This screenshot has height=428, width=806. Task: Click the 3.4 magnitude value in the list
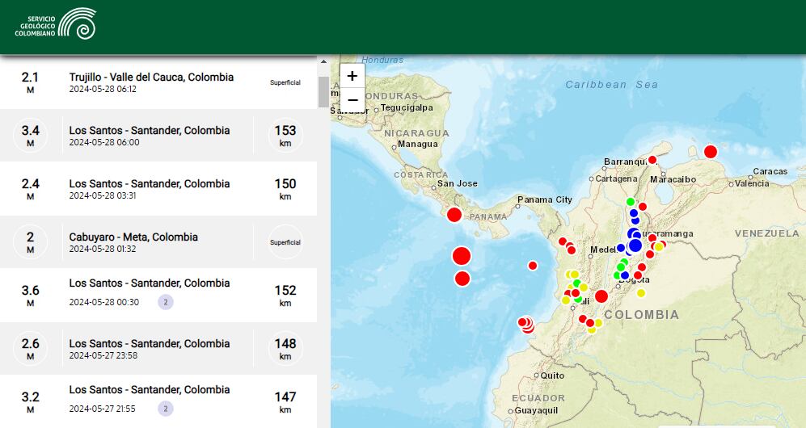tap(30, 131)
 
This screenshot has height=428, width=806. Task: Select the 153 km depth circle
tap(285, 134)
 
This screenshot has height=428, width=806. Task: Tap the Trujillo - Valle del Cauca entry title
tap(151, 78)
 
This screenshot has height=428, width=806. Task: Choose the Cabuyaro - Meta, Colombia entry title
tap(133, 237)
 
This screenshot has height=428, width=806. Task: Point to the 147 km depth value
tap(285, 397)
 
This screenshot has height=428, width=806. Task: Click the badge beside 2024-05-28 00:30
tap(166, 302)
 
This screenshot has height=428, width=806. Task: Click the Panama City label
tap(544, 199)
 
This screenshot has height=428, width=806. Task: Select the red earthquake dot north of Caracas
tap(710, 151)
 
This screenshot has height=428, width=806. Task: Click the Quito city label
tap(553, 376)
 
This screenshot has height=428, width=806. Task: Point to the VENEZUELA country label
tap(766, 233)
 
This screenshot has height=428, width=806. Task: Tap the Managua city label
tap(417, 145)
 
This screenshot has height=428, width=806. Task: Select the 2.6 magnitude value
tap(30, 344)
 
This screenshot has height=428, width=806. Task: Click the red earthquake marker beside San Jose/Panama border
tap(454, 214)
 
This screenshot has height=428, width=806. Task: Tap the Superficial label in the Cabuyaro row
tap(285, 242)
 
